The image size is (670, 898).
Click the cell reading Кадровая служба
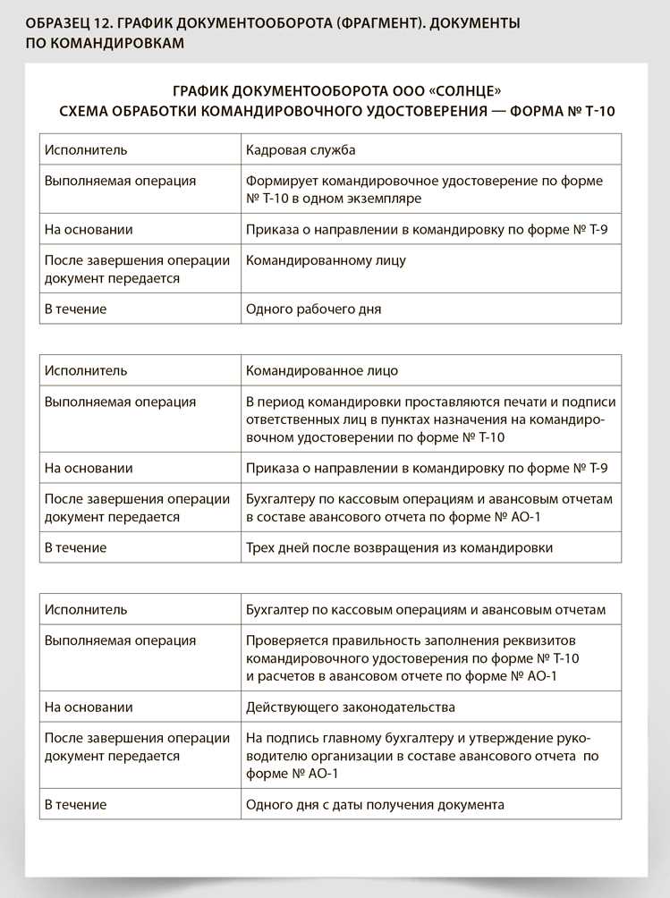click(x=301, y=149)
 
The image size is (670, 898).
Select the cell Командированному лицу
click(x=326, y=261)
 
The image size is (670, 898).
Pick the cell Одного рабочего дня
click(x=313, y=309)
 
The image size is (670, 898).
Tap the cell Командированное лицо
click(x=322, y=370)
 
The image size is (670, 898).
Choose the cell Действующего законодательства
click(x=350, y=707)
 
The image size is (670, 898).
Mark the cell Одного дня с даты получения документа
click(x=375, y=805)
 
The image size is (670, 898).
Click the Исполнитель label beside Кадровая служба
click(x=86, y=149)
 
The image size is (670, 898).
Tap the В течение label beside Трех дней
click(x=75, y=547)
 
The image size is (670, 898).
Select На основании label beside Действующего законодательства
click(x=89, y=707)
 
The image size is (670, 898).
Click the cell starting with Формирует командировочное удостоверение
click(x=424, y=189)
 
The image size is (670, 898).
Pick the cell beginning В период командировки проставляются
click(x=430, y=419)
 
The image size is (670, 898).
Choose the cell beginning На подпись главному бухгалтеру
click(x=422, y=756)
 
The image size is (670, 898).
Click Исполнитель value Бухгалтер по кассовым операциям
click(x=426, y=610)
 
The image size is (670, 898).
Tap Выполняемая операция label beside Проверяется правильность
click(x=120, y=641)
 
